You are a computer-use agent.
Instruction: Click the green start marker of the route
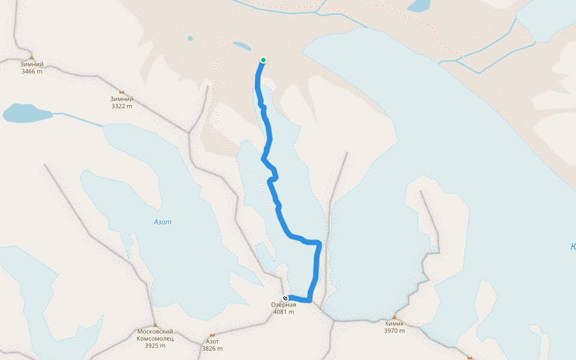(x=263, y=60)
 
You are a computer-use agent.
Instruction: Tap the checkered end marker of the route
(x=286, y=298)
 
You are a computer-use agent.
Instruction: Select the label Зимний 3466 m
(x=32, y=68)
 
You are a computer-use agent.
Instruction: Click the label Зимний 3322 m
(x=122, y=103)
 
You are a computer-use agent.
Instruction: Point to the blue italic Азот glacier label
(x=163, y=222)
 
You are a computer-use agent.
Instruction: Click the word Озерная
(x=283, y=305)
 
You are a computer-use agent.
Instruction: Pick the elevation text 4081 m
(x=283, y=312)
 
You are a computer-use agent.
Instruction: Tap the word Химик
(x=394, y=323)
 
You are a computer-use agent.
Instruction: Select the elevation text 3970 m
(x=394, y=331)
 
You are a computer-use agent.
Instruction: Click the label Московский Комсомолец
(x=155, y=335)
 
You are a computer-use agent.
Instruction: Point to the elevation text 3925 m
(x=155, y=346)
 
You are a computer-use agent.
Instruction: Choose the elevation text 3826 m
(x=212, y=349)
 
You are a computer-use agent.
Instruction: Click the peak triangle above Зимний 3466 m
(x=32, y=58)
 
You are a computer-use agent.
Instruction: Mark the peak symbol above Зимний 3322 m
(x=122, y=92)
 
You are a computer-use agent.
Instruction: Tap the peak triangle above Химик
(x=394, y=317)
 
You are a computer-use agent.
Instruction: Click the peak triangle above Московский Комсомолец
(x=155, y=325)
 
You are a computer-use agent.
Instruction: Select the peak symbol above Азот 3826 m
(x=212, y=335)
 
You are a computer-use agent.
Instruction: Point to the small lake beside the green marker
(x=241, y=46)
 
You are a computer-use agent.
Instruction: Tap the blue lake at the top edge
(x=419, y=5)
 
